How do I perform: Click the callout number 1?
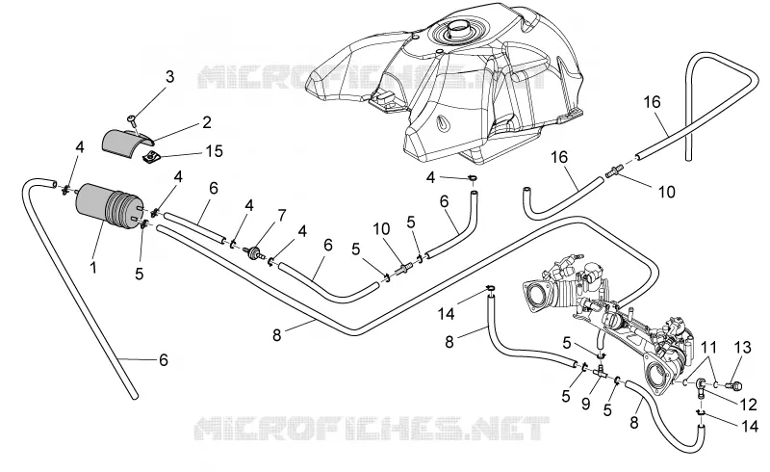[x=92, y=268]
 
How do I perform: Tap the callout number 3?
[x=169, y=77]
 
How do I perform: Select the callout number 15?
[x=214, y=151]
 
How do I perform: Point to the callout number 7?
[x=281, y=216]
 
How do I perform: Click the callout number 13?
[x=743, y=348]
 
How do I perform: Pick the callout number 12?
[x=749, y=405]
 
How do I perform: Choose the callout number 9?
[x=585, y=405]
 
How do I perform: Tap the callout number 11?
[x=708, y=348]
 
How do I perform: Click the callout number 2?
[x=207, y=122]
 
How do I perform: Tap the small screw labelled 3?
[x=133, y=119]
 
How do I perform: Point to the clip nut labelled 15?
[x=151, y=157]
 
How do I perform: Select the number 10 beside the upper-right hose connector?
[x=666, y=192]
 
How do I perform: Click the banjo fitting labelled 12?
[x=701, y=385]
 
